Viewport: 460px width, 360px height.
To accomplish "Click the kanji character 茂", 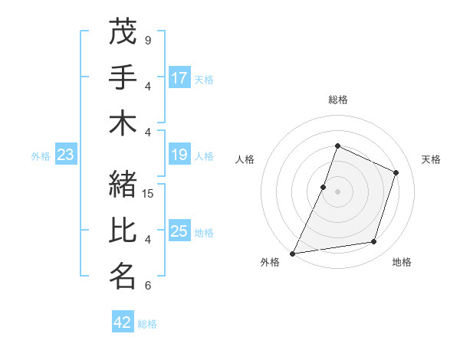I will (x=123, y=33).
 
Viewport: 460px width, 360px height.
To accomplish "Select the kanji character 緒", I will (x=123, y=185).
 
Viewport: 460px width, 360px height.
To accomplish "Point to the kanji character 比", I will (x=123, y=231).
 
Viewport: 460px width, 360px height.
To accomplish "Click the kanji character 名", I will (x=123, y=277).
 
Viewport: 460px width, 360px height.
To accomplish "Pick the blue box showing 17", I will (x=179, y=77).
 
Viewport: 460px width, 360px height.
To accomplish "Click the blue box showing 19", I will (x=179, y=155).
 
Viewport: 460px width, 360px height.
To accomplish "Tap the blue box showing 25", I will (x=179, y=232).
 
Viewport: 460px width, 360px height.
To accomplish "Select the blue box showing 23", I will (x=66, y=155).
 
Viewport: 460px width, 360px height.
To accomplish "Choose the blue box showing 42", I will (x=123, y=322).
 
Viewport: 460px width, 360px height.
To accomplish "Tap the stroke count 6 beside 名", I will (x=147, y=286).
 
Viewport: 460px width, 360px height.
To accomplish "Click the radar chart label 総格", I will (x=337, y=100).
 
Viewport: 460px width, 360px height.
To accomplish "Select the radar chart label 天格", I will (x=431, y=159).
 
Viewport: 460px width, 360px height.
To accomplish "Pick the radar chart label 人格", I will (x=245, y=159).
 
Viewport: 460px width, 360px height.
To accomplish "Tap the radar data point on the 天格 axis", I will (x=396, y=172).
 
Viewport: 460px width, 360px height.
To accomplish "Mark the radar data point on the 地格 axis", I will (x=374, y=242).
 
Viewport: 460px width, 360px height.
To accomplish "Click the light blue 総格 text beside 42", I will (x=147, y=324).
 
